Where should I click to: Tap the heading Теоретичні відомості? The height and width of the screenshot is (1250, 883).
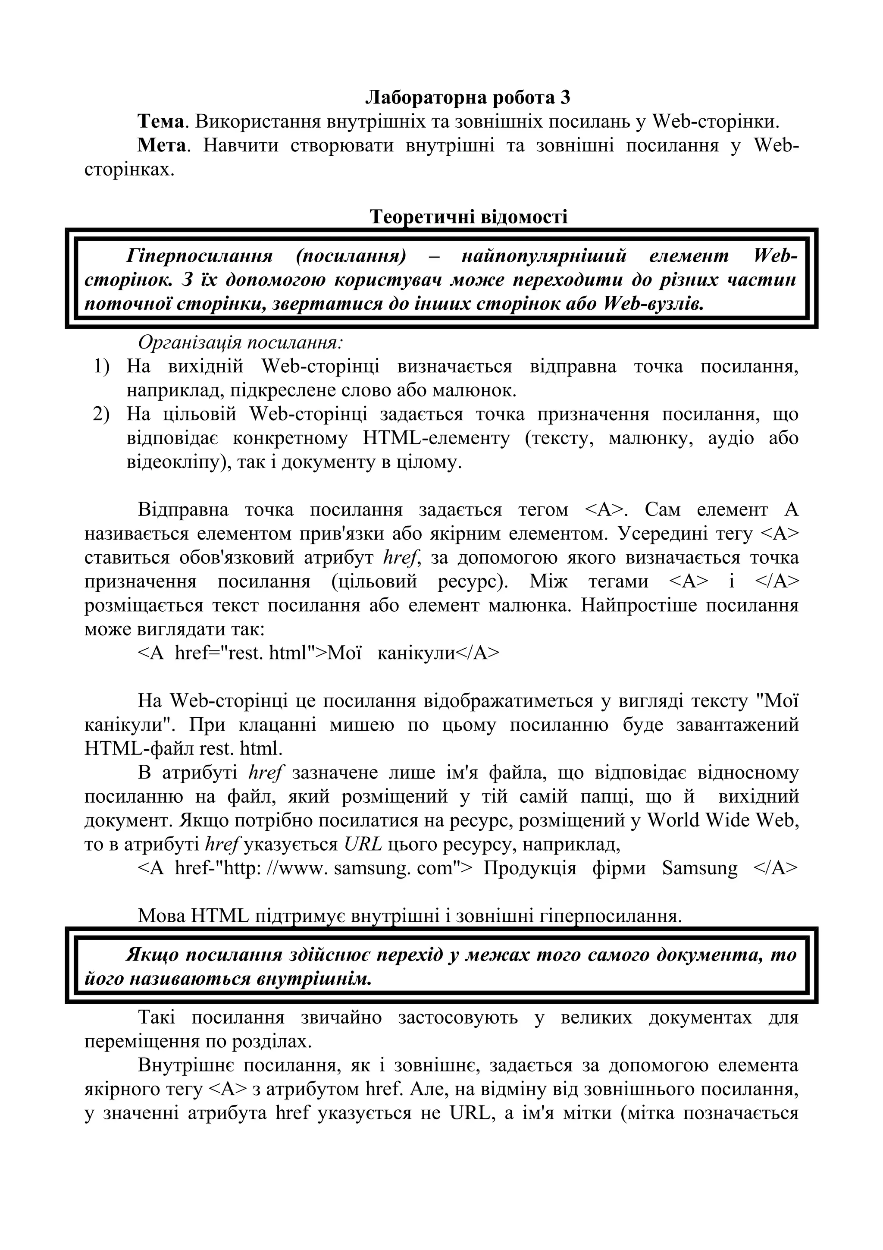click(468, 217)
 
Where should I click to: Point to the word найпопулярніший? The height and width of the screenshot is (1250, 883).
click(544, 255)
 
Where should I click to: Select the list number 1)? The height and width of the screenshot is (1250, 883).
click(101, 366)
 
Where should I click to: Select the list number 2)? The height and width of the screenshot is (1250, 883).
click(101, 415)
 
